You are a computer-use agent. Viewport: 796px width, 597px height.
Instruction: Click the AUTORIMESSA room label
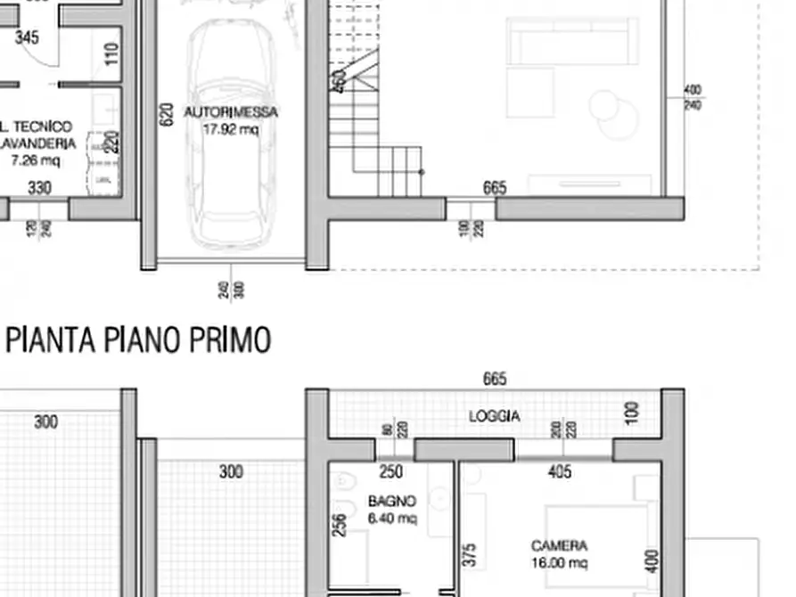pos(231,112)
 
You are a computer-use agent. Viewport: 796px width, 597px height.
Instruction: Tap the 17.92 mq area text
pos(231,129)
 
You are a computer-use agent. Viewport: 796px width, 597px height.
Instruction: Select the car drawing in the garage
pos(231,134)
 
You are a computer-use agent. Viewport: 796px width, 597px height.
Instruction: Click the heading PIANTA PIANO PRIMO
pos(138,339)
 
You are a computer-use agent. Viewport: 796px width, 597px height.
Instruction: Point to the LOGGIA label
pos(495,416)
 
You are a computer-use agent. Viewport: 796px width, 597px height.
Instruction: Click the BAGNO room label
pos(392,503)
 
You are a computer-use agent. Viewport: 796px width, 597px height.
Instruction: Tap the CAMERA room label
pos(559,545)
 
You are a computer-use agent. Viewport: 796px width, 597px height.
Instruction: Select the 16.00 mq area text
pos(559,562)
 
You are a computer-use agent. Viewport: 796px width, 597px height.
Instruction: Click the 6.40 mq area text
pos(392,519)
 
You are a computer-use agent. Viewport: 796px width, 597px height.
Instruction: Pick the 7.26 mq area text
pos(36,160)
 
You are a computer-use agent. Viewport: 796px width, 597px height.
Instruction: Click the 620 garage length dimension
pos(166,113)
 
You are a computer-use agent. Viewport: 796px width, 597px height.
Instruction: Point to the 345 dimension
pos(28,37)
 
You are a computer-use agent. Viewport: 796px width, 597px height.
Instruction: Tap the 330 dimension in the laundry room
pos(40,188)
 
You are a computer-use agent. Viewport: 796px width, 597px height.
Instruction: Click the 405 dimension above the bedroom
pos(559,472)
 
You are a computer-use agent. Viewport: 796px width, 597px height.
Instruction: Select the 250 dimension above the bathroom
pos(391,472)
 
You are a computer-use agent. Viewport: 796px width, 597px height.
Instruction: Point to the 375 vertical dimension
pos(471,554)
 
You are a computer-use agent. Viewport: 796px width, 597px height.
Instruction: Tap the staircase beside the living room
pos(374,134)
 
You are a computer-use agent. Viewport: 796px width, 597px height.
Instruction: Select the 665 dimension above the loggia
pos(495,380)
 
